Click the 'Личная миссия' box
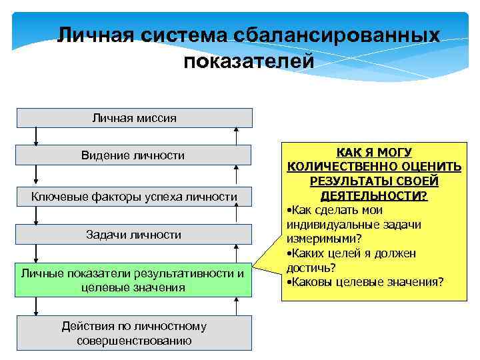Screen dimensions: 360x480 point(134,118)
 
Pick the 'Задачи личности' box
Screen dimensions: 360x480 point(133,235)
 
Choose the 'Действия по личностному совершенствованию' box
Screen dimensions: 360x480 point(133,333)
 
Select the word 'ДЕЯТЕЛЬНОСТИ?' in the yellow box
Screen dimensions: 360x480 point(373,197)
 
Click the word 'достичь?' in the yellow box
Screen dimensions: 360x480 point(311,267)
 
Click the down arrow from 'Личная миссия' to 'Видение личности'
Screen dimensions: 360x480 point(36,136)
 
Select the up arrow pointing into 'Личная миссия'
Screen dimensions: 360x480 point(235,135)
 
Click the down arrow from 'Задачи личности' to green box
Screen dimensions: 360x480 point(36,254)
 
